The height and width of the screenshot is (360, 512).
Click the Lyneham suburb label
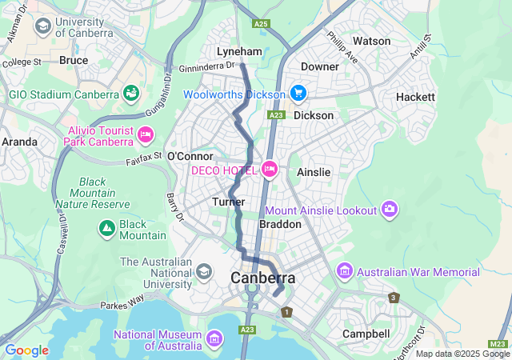[x=239, y=51]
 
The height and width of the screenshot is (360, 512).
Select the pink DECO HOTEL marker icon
[x=270, y=170]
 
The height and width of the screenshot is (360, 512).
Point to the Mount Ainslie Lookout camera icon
[x=389, y=210]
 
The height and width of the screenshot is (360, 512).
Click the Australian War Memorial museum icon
[x=345, y=272]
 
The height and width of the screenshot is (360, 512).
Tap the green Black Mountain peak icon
[x=106, y=230]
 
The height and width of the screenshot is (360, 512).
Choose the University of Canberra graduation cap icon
[x=42, y=26]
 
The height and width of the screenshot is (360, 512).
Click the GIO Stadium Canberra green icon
[x=130, y=94]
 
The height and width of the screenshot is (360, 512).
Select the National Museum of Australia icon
[x=214, y=340]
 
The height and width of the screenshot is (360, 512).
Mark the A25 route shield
[x=261, y=24]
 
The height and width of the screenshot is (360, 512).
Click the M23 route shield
[x=496, y=343]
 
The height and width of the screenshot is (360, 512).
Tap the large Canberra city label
[x=262, y=278]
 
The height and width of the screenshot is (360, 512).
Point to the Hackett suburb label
[x=415, y=97]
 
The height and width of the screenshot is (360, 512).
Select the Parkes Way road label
[x=121, y=305]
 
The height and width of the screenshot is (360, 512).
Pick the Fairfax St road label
[x=144, y=158]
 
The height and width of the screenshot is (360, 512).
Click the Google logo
[x=26, y=350]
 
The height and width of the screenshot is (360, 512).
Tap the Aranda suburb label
[x=19, y=142]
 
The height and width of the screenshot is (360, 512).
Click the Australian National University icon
[x=203, y=272]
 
